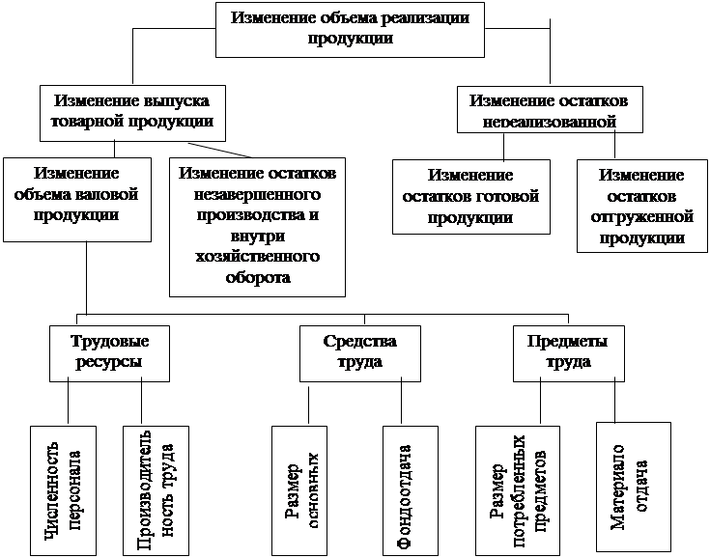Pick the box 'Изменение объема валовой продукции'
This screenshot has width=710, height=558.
click(76, 198)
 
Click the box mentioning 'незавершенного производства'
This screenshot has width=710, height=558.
click(256, 225)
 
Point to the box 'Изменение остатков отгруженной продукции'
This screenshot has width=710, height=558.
click(640, 205)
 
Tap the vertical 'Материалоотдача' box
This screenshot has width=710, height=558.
click(633, 487)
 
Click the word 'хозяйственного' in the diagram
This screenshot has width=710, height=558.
click(257, 260)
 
